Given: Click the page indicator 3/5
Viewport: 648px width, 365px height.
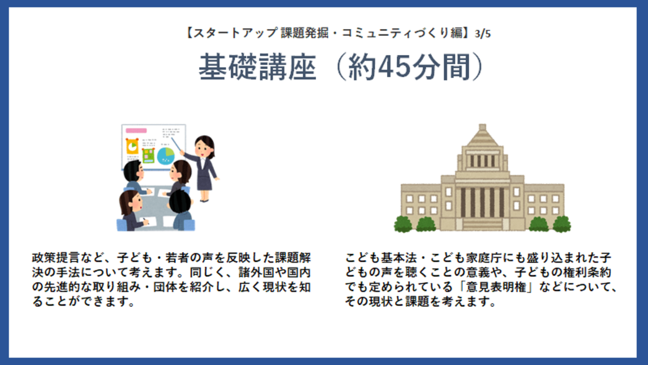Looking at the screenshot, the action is [483, 34].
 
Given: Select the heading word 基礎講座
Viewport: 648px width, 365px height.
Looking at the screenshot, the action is [257, 67].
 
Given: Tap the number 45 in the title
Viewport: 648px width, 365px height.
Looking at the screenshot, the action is [396, 67].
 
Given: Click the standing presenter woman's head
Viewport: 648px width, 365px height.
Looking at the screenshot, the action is [204, 146].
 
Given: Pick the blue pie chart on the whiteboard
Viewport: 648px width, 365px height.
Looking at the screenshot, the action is [166, 156].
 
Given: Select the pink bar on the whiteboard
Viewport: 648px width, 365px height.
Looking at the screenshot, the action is [136, 131].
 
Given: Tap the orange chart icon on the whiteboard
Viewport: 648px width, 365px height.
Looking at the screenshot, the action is [132, 147].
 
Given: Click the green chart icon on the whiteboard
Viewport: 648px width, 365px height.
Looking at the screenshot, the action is [148, 156].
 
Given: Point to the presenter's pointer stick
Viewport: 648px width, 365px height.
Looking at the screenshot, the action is [177, 145].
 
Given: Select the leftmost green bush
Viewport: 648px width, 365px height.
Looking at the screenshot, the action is [403, 224].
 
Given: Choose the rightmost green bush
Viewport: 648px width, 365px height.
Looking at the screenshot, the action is [562, 224].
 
